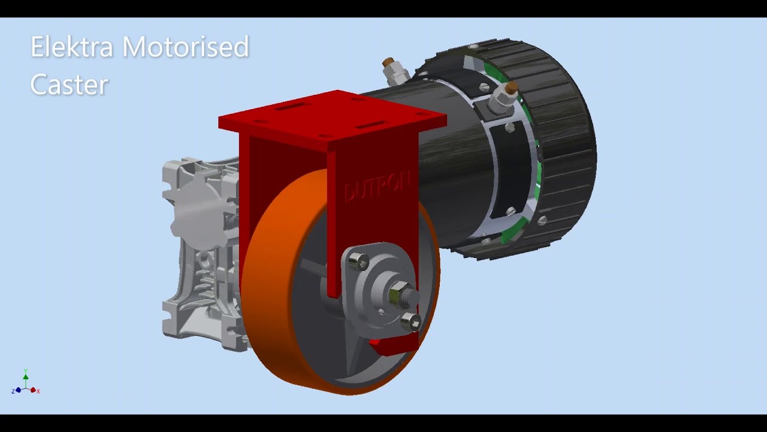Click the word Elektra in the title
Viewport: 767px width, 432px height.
tap(71, 47)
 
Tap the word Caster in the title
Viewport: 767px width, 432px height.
tap(69, 85)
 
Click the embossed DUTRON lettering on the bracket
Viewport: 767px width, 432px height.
tap(376, 187)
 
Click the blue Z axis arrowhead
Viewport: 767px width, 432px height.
tap(18, 390)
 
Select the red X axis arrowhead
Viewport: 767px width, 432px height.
tap(34, 390)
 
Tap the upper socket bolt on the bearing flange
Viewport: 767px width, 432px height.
tap(358, 261)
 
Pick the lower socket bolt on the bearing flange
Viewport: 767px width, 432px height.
tap(411, 322)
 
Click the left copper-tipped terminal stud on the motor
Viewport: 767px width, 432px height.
tap(389, 64)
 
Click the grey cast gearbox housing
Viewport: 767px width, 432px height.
tap(198, 252)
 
